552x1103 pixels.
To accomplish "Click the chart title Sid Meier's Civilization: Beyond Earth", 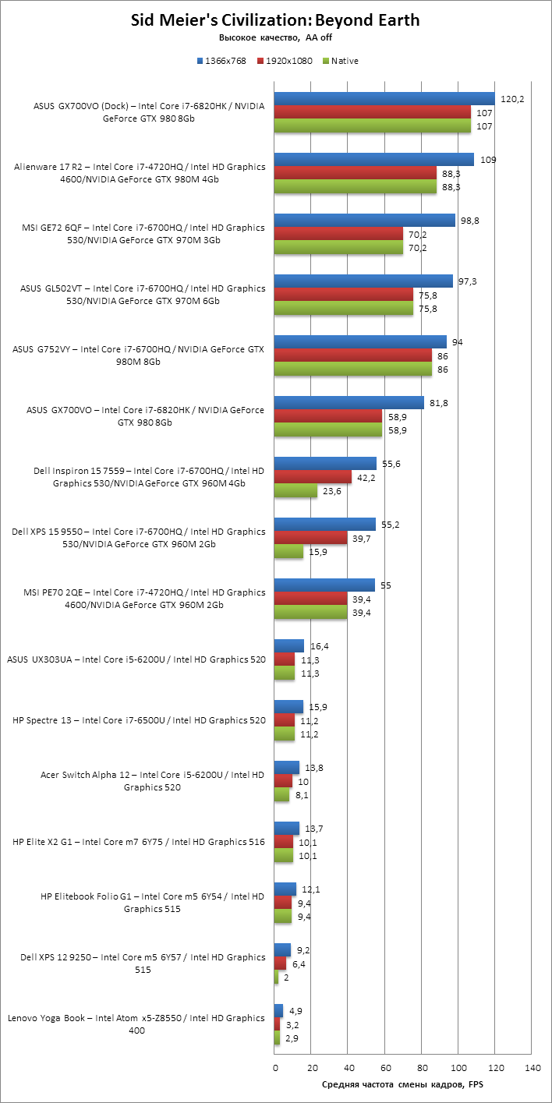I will pos(275,21).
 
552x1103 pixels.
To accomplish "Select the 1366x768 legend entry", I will pos(226,61).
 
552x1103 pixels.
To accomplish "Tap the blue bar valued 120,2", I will pos(384,98).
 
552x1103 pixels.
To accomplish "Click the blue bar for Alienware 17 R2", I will pos(374,159).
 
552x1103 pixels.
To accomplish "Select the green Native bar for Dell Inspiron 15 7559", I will pos(296,491).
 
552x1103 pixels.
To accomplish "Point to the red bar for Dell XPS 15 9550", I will pos(311,538).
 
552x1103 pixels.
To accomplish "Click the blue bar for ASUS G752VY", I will pos(361,341).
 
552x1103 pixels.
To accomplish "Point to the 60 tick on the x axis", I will pos(385,1066).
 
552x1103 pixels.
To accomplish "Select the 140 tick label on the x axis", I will pos(532,1066).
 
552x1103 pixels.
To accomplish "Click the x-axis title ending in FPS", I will pos(402,1084).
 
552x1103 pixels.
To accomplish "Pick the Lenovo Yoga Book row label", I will pos(136,1023).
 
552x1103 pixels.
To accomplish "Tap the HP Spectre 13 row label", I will pos(140,720).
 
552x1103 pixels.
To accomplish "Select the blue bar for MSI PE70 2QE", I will pos(324,585).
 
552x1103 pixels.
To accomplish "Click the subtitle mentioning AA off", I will pos(275,37).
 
